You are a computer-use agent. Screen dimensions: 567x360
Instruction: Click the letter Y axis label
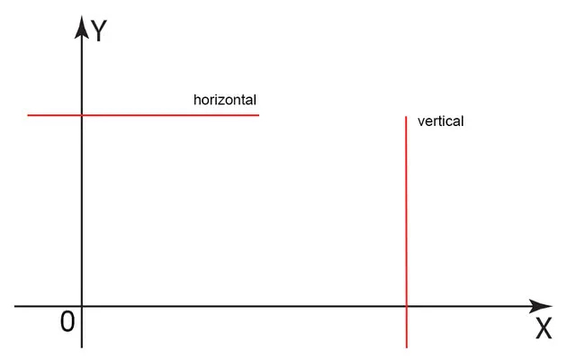point(99,31)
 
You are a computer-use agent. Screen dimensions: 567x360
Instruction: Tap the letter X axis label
point(544,328)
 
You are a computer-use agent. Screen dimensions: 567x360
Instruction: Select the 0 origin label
point(67,321)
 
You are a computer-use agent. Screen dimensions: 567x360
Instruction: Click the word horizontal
point(225,100)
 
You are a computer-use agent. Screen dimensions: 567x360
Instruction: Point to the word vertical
point(440,121)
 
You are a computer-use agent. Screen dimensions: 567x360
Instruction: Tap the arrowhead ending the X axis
point(540,306)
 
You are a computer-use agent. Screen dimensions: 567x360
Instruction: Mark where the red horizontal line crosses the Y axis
point(82,115)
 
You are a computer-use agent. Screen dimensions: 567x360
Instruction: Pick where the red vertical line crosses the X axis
point(407,306)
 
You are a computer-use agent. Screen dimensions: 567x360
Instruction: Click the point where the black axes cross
point(82,306)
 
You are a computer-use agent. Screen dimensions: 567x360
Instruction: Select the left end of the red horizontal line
point(28,115)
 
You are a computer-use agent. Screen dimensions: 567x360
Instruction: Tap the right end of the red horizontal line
point(259,115)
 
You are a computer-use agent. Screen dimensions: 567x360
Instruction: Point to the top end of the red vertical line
point(406,117)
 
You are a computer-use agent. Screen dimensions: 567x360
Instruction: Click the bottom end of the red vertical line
point(407,347)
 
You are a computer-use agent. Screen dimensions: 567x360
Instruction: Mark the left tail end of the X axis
point(14,306)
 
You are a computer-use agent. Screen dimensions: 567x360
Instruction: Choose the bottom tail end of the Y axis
point(82,347)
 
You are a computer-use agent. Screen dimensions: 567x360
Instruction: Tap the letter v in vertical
point(421,122)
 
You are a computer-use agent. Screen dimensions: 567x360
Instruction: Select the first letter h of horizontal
point(197,100)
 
